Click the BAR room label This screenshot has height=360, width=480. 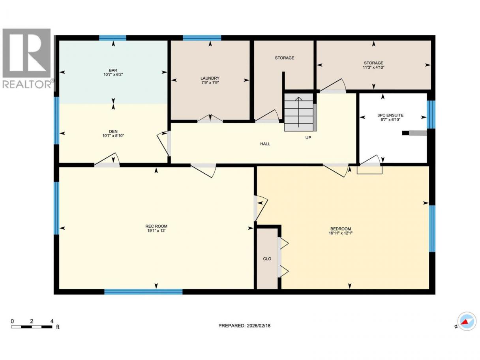click(x=113, y=70)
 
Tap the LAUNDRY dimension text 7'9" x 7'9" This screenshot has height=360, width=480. click(x=210, y=82)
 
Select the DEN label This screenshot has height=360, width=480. click(x=113, y=131)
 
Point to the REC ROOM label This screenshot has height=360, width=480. click(x=156, y=226)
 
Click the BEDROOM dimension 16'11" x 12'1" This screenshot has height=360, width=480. click(x=341, y=233)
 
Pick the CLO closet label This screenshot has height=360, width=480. click(x=267, y=259)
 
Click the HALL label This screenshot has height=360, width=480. click(x=265, y=144)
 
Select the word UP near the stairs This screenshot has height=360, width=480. click(x=308, y=138)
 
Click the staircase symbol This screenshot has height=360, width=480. click(x=300, y=112)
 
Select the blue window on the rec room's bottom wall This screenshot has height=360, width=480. click(x=143, y=292)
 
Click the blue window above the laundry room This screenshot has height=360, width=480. click(x=202, y=38)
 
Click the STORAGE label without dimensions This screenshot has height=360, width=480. click(x=284, y=58)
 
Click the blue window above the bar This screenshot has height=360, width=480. click(x=113, y=38)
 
